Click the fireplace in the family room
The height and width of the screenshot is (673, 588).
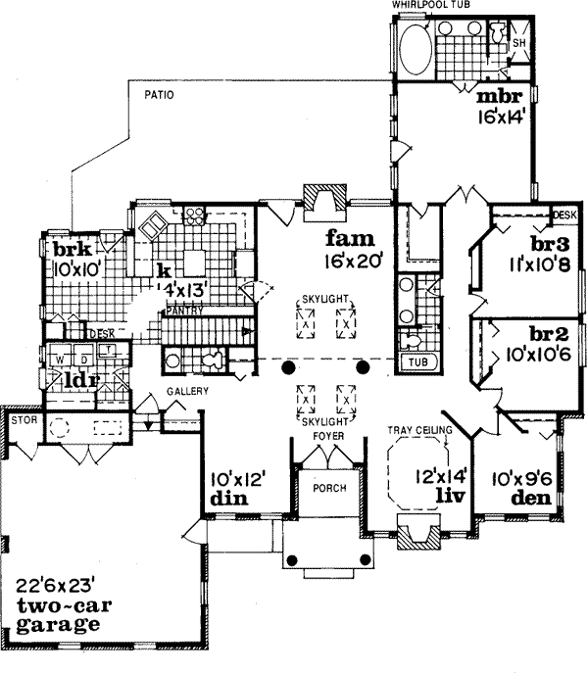pos(320,200)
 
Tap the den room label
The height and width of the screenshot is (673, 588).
pos(529,498)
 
